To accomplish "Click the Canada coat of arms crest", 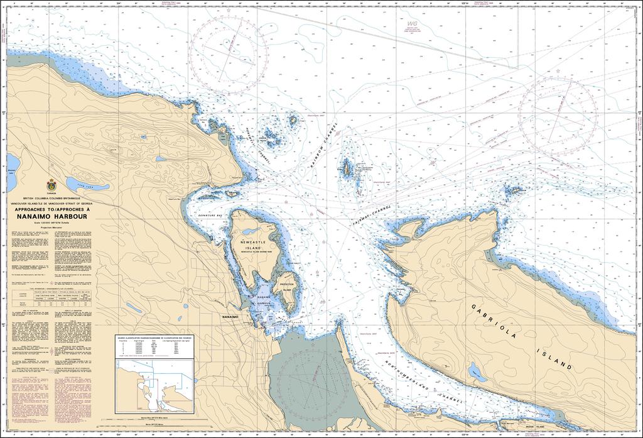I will (51, 186).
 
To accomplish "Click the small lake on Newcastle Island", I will (249, 233).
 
